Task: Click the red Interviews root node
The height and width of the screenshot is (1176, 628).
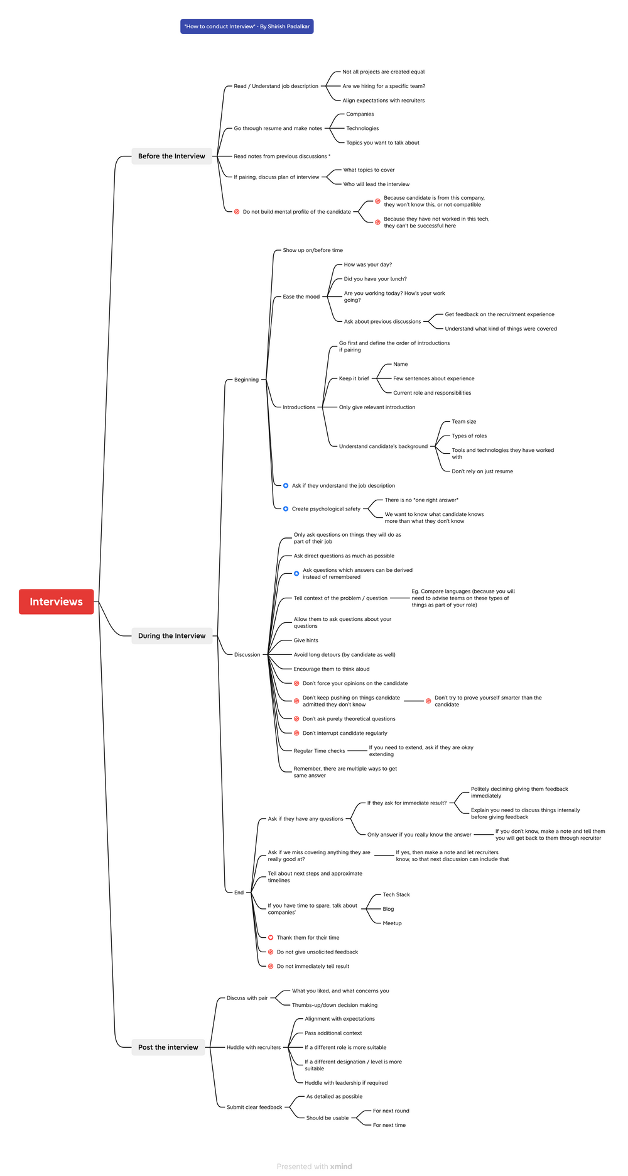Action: point(56,602)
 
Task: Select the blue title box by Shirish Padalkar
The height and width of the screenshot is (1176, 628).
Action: point(247,26)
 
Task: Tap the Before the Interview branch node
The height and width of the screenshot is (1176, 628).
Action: point(171,156)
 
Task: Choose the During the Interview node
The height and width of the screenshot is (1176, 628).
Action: point(171,635)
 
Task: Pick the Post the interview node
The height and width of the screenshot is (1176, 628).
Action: point(168,1047)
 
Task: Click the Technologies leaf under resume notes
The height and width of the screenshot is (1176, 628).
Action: point(362,128)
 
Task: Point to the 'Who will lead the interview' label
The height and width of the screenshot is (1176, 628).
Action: point(376,184)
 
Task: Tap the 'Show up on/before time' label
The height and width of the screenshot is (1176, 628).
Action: point(313,250)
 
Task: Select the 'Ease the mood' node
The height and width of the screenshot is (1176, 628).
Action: point(301,297)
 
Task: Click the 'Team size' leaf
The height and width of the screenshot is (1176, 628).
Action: point(463,422)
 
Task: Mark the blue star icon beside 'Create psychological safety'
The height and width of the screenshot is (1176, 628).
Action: point(286,508)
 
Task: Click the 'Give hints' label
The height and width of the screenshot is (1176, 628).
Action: point(306,640)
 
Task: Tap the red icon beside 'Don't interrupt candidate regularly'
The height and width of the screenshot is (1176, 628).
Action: point(296,733)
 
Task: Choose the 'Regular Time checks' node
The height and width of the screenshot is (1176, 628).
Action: point(319,750)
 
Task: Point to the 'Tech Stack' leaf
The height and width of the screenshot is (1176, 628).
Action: point(396,894)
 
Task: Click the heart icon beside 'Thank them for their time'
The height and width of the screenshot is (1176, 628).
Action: point(271,937)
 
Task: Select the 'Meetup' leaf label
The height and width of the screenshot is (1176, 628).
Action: point(392,923)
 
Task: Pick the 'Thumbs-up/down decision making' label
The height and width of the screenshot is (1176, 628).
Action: point(335,1005)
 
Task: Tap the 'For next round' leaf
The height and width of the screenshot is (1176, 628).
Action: point(391,1111)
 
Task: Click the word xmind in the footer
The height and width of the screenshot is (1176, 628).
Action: point(341,1166)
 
